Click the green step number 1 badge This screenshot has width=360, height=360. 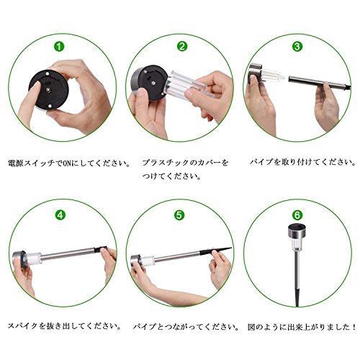coord(59,46)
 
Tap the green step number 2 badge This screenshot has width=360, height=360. coord(182,46)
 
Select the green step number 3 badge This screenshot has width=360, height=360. coord(297,46)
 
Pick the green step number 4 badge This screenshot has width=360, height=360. coord(60,215)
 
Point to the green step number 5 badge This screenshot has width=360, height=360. coord(179,215)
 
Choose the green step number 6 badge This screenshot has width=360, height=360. coord(297,215)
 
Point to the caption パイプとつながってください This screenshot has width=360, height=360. coord(186,327)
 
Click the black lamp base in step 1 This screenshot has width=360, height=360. coord(49,90)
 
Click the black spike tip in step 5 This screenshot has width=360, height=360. coord(216,251)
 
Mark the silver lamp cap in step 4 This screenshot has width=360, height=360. coord(19,258)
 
